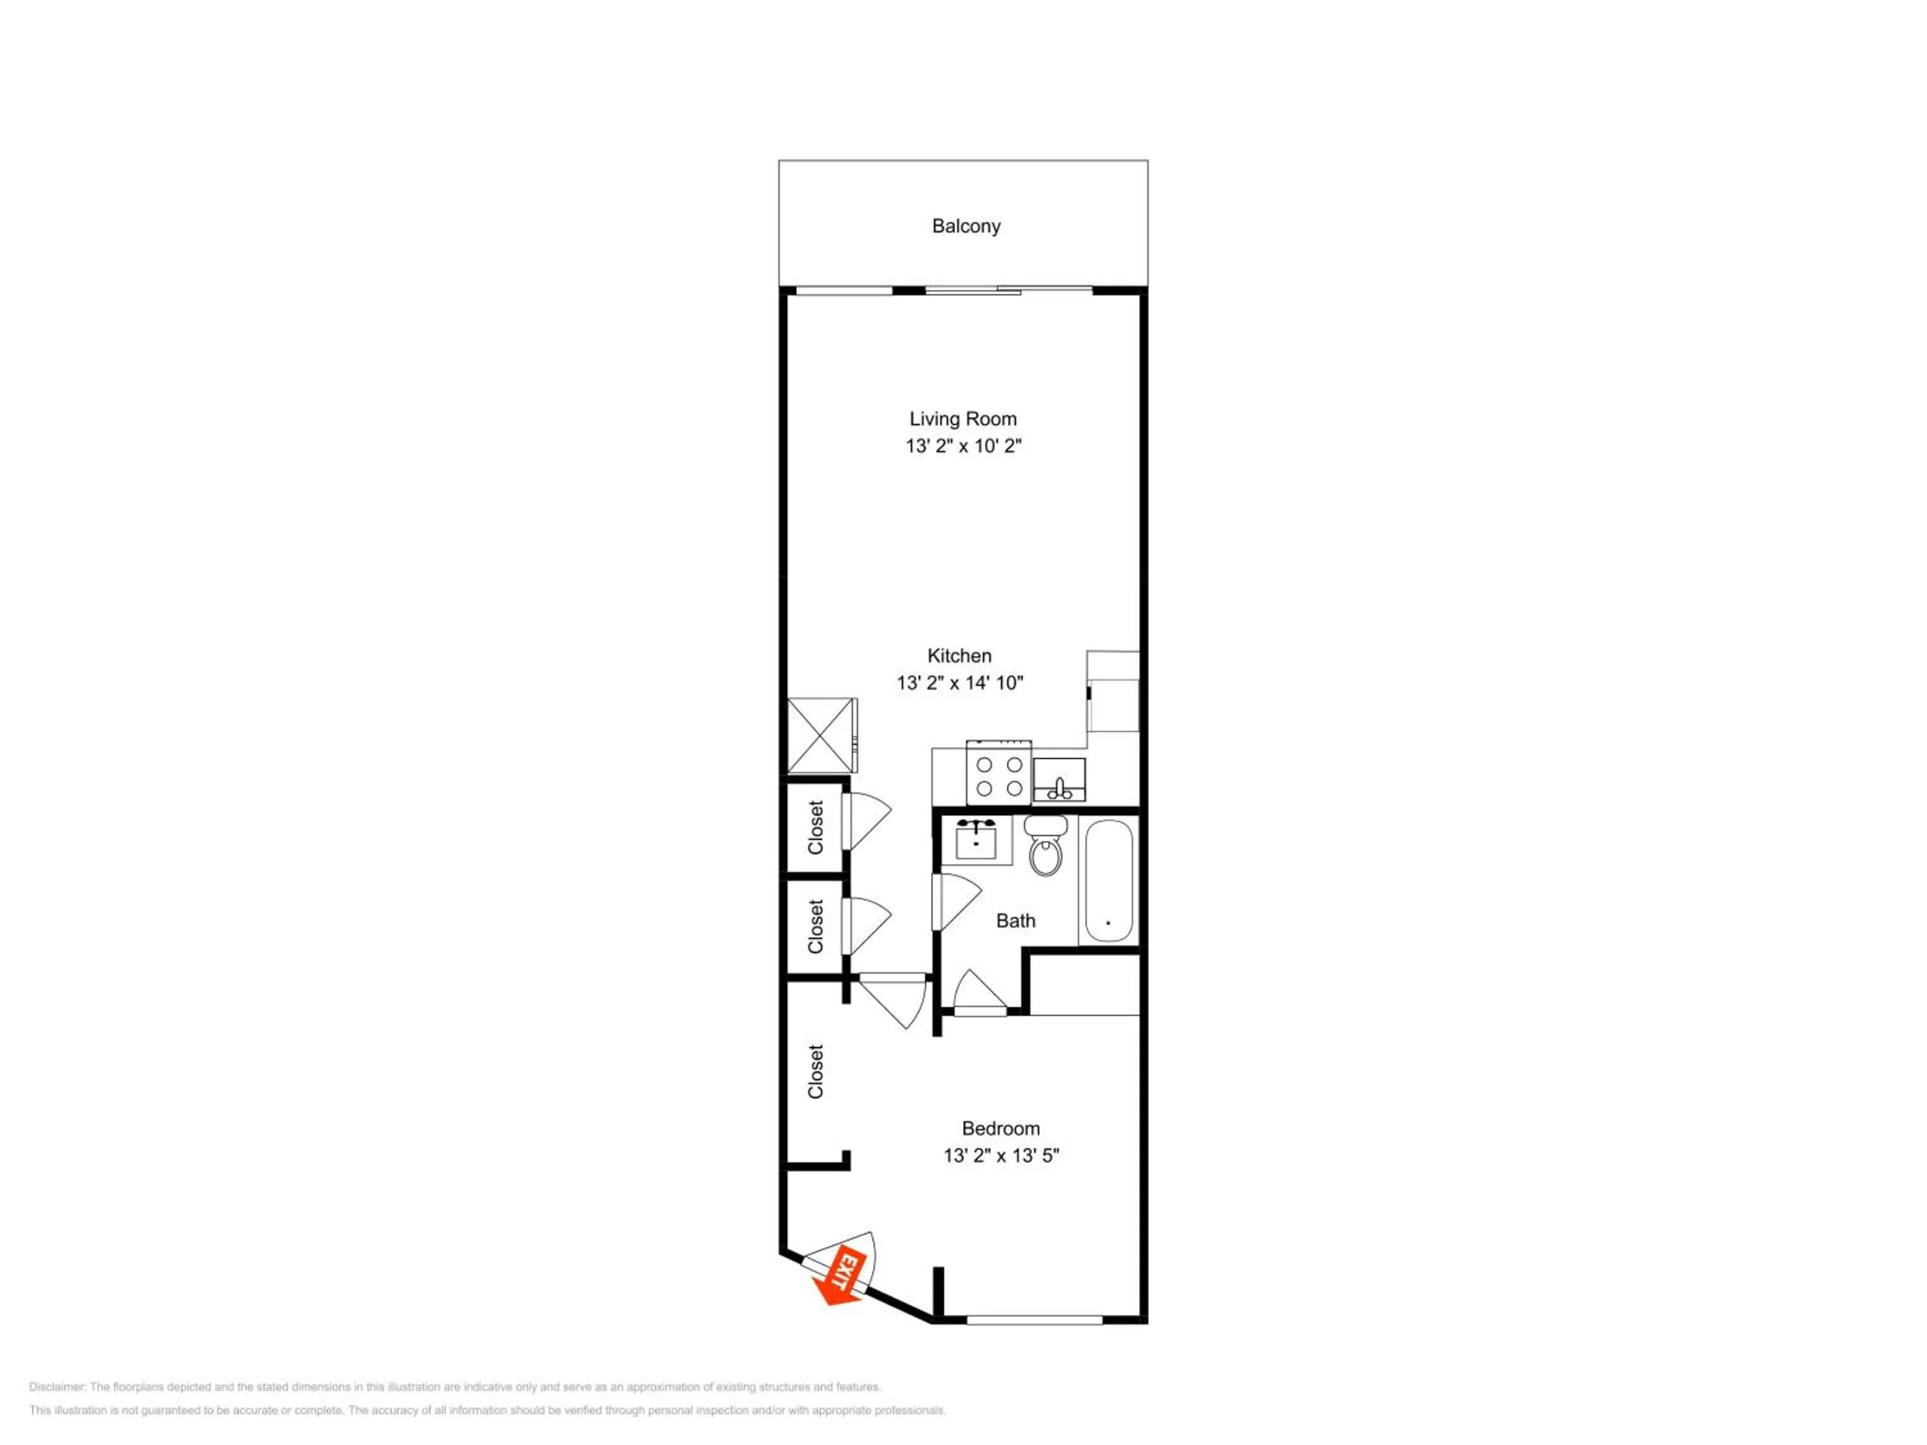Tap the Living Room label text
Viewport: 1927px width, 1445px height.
click(963, 419)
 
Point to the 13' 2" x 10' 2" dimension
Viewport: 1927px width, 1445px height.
click(963, 446)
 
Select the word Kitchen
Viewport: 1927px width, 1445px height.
click(959, 656)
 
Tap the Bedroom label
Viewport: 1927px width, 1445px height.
click(1000, 1129)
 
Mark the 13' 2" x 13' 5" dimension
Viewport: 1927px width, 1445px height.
click(1000, 1156)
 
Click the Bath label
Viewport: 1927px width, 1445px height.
click(1015, 921)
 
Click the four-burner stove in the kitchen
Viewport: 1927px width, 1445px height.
click(998, 773)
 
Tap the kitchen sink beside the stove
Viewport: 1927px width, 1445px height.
click(1059, 780)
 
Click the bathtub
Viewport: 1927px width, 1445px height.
click(1108, 880)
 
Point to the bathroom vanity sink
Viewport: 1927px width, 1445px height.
click(976, 839)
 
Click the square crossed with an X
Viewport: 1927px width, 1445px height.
click(822, 735)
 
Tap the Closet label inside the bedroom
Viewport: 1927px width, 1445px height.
click(815, 1071)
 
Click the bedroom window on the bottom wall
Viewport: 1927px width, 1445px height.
click(1035, 1320)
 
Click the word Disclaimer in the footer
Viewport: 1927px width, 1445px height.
click(57, 1387)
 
